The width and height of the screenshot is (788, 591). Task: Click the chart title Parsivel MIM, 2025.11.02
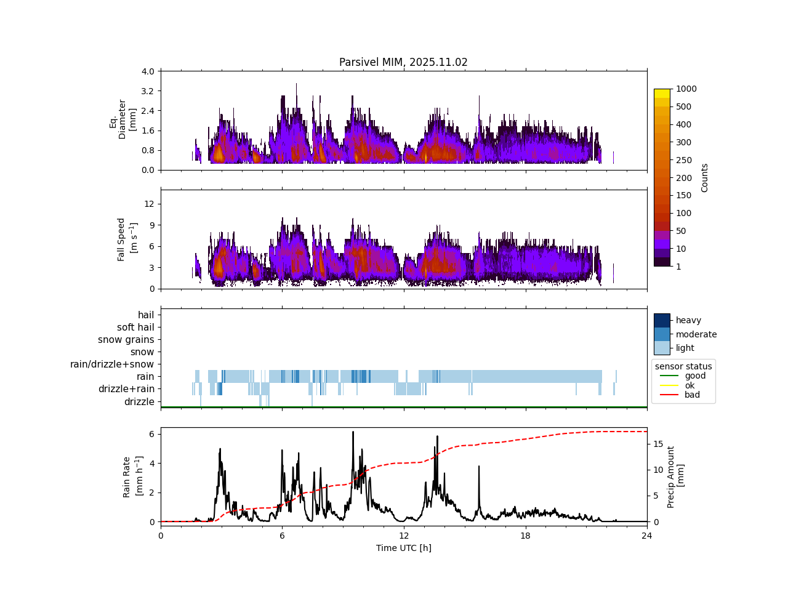[403, 62]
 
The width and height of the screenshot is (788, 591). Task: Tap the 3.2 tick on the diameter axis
[147, 91]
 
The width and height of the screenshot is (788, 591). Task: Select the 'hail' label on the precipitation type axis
[146, 315]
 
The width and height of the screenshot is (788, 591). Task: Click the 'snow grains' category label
[126, 340]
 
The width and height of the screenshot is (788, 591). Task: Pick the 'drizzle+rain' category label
[126, 389]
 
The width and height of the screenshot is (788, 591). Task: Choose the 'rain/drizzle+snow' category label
[112, 364]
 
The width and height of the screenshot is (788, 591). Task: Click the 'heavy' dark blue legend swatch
[662, 320]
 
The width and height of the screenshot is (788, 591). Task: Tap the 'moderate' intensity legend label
[696, 334]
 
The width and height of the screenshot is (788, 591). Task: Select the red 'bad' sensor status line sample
[668, 395]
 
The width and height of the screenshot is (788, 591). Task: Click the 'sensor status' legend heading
[683, 366]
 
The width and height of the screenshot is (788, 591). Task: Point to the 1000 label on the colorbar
[686, 89]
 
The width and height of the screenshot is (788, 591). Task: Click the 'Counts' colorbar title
[705, 177]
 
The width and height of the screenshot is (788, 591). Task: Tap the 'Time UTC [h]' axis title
[403, 548]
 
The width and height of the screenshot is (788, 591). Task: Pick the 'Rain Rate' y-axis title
[127, 476]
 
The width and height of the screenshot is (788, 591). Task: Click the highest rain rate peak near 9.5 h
[353, 432]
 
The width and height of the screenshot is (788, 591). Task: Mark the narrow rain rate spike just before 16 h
[479, 467]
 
